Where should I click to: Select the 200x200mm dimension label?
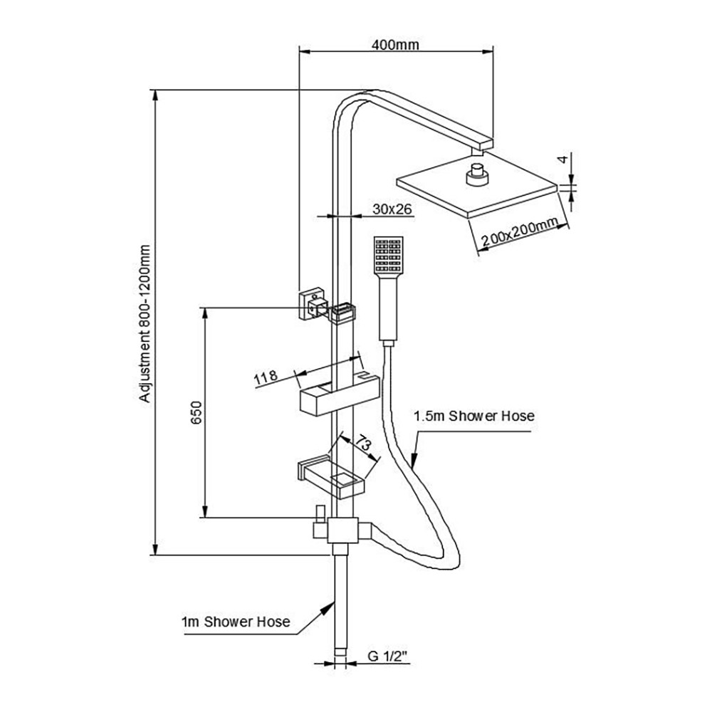point(518,234)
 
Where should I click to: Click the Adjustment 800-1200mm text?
point(146,325)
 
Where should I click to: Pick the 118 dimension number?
point(265,377)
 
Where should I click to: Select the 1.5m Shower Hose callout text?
point(474,416)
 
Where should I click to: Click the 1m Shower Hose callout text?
point(236,622)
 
